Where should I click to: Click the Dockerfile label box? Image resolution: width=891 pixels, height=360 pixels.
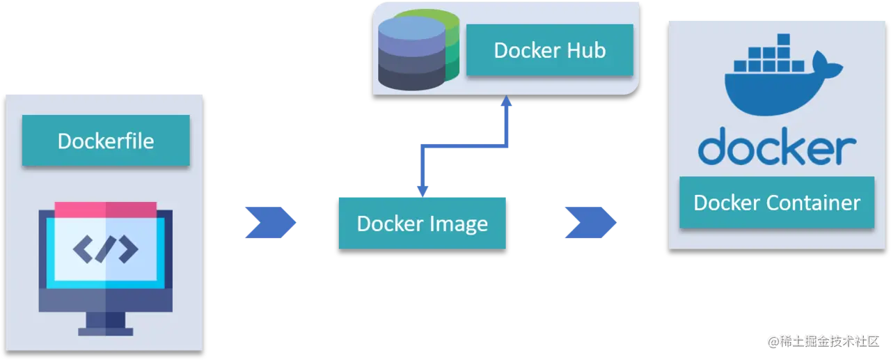(106, 141)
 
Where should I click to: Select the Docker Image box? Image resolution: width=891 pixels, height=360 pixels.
(422, 224)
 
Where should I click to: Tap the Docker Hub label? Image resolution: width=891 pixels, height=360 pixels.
(549, 50)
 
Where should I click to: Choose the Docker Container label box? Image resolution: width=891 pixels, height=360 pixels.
(777, 203)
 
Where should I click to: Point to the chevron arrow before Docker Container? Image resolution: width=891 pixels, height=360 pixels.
(590, 223)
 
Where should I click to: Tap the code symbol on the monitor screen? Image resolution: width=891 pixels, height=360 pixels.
(106, 249)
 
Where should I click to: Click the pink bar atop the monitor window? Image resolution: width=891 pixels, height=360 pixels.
(106, 209)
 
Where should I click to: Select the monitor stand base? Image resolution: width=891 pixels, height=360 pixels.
(106, 331)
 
